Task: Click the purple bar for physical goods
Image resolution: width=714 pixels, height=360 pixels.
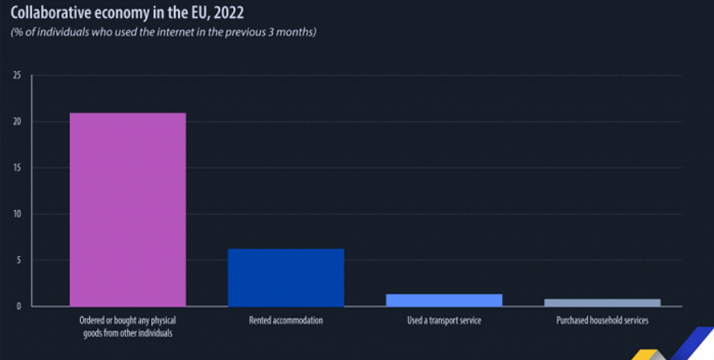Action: [128, 209]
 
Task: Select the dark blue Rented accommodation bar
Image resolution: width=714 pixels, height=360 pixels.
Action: [285, 278]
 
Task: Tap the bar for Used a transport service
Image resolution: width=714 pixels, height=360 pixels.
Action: [444, 300]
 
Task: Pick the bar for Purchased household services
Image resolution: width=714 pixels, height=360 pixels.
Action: [602, 303]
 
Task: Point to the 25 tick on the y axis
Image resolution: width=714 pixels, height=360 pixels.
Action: [16, 75]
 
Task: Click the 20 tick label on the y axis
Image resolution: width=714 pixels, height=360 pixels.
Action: [16, 122]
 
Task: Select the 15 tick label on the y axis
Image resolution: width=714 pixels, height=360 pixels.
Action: [16, 168]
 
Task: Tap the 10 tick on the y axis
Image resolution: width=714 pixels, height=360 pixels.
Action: [16, 214]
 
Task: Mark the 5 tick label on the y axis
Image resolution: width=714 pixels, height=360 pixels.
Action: [18, 260]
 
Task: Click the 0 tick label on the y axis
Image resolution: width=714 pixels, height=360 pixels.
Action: [18, 307]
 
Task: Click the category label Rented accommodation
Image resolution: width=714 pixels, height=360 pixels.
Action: [285, 321]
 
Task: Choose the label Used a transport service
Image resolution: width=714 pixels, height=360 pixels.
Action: [444, 321]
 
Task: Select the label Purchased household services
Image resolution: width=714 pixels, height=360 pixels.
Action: [602, 321]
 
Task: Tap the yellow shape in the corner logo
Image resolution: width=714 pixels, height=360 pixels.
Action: [645, 353]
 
